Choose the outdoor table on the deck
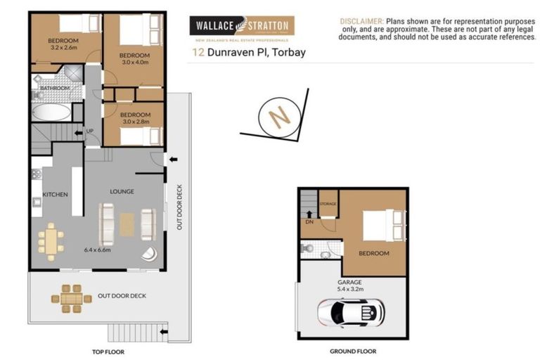[x=72, y=298]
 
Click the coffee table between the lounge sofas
[x=127, y=224]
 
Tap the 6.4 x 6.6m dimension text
[x=98, y=249]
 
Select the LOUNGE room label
[x=122, y=191]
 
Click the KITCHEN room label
[x=55, y=194]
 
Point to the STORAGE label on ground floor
[x=328, y=204]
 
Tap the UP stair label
[x=89, y=131]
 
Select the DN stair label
[x=309, y=221]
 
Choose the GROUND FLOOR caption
[x=352, y=351]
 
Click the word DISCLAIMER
[x=361, y=22]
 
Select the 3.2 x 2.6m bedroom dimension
[x=63, y=49]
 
